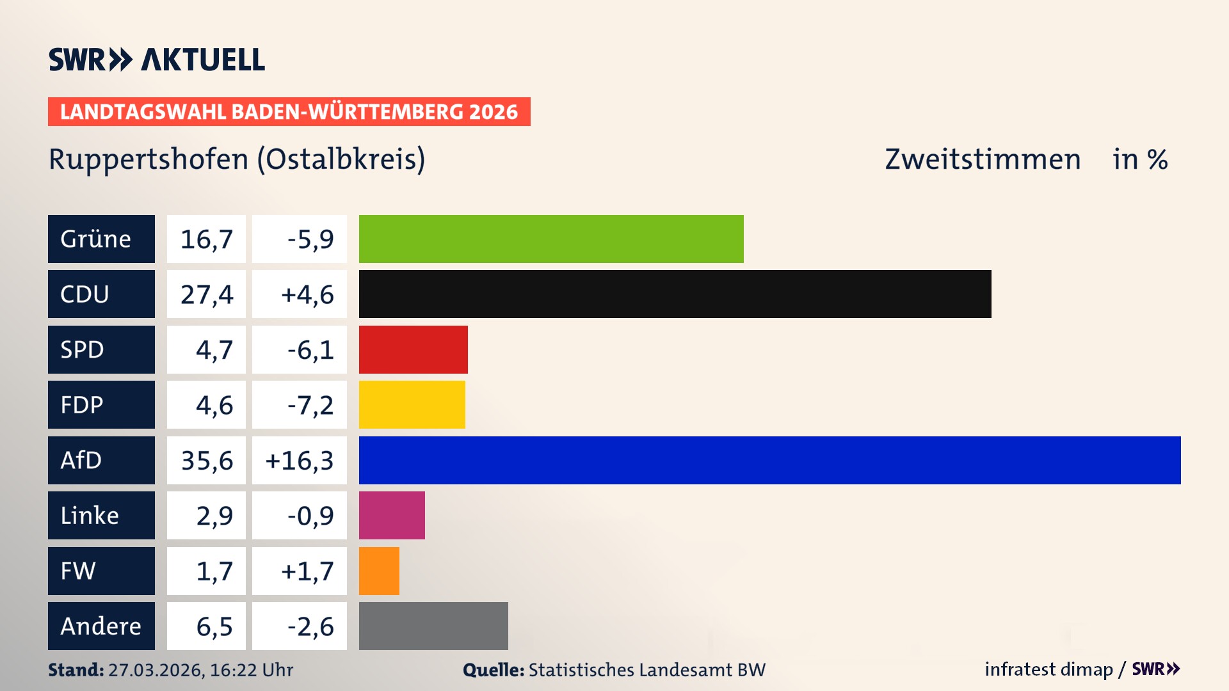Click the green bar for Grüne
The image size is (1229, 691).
(551, 239)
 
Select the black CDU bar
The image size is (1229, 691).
(675, 294)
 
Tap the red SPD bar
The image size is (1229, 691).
(413, 349)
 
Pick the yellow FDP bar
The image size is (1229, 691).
(412, 404)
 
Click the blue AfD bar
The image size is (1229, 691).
(769, 460)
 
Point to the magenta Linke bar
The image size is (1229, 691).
(392, 515)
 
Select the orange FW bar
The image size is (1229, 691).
(379, 571)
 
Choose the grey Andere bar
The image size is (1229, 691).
(433, 626)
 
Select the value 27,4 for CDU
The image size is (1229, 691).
(206, 294)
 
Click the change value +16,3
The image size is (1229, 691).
(300, 461)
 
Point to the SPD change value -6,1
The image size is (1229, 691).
(310, 350)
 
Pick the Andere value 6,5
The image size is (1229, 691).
(214, 626)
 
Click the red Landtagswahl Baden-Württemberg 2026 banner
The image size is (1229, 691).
(289, 112)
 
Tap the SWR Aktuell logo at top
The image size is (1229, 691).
(157, 60)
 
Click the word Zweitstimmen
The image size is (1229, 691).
(983, 159)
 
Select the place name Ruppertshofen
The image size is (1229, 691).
(149, 159)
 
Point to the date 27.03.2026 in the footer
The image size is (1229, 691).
(155, 670)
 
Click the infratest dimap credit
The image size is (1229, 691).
(1048, 669)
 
